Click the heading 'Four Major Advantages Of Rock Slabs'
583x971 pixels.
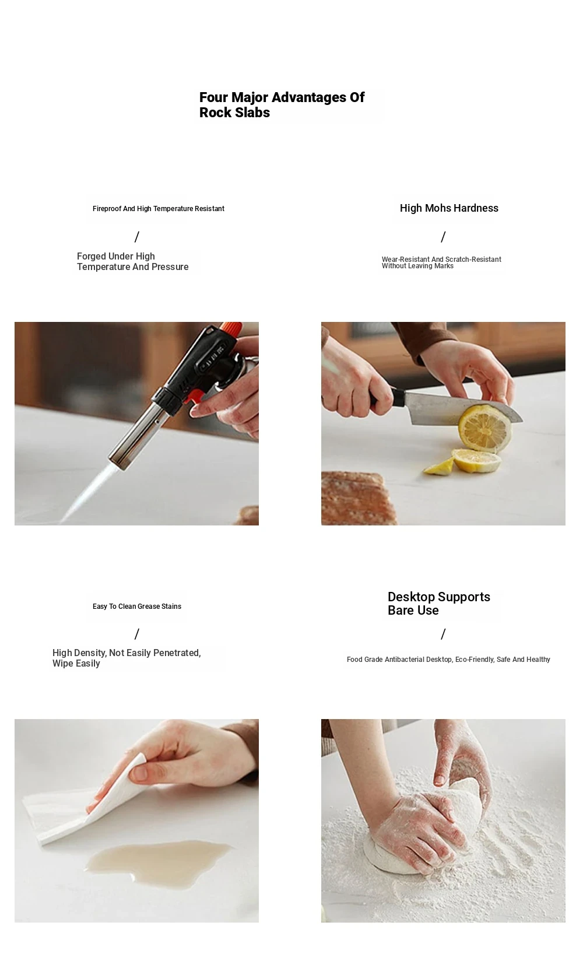click(282, 104)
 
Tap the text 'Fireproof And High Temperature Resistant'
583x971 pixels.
click(158, 209)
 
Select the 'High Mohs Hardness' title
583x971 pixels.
click(449, 208)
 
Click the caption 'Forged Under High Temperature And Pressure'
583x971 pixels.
click(133, 261)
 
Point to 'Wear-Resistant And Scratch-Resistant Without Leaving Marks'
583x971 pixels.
click(441, 262)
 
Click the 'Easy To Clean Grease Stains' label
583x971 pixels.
click(136, 606)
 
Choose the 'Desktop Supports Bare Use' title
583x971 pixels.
click(438, 603)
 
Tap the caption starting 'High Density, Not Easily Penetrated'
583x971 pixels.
click(127, 658)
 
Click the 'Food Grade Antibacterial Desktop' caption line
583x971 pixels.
click(448, 659)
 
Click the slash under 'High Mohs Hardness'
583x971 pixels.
click(442, 237)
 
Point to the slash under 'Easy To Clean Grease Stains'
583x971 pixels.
click(136, 634)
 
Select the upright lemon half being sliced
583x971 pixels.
click(484, 428)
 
